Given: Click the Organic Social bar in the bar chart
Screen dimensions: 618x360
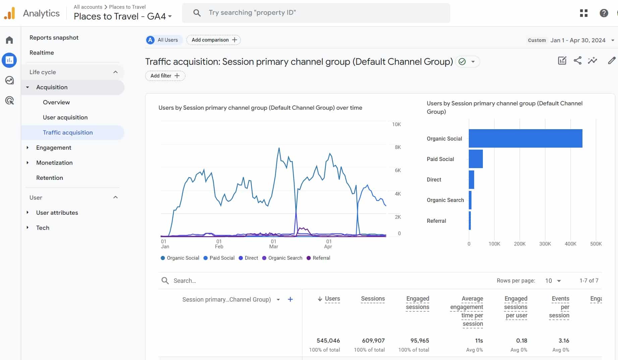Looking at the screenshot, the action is [525, 138].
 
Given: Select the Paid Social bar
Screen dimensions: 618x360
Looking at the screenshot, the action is [476, 159].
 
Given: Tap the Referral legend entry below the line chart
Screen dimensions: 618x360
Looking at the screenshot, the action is [318, 258].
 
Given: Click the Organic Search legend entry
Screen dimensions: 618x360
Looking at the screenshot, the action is [282, 258].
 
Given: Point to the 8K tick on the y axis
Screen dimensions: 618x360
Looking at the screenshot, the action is [398, 147].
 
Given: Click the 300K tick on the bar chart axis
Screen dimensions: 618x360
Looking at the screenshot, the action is [545, 244].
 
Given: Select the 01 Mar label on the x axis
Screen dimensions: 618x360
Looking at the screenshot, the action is [274, 244].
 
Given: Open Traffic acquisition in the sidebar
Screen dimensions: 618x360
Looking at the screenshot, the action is [68, 133].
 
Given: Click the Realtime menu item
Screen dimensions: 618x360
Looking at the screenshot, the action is [42, 53].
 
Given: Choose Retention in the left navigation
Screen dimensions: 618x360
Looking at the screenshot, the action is [50, 178].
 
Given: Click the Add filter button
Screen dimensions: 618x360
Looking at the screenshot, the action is [165, 76].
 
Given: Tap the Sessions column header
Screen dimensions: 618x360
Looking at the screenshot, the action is [373, 299].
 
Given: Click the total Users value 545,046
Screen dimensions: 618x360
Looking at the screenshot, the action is [328, 341].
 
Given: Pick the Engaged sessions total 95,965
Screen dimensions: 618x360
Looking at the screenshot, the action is [420, 341].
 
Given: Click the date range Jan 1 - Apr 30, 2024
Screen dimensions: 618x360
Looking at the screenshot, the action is [578, 40].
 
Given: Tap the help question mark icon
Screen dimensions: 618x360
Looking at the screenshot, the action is [604, 13].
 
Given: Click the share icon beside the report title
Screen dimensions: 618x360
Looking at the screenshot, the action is [577, 60].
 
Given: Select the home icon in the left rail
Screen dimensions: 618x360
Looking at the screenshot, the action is [9, 40].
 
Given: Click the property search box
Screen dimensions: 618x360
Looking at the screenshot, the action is [316, 13].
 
